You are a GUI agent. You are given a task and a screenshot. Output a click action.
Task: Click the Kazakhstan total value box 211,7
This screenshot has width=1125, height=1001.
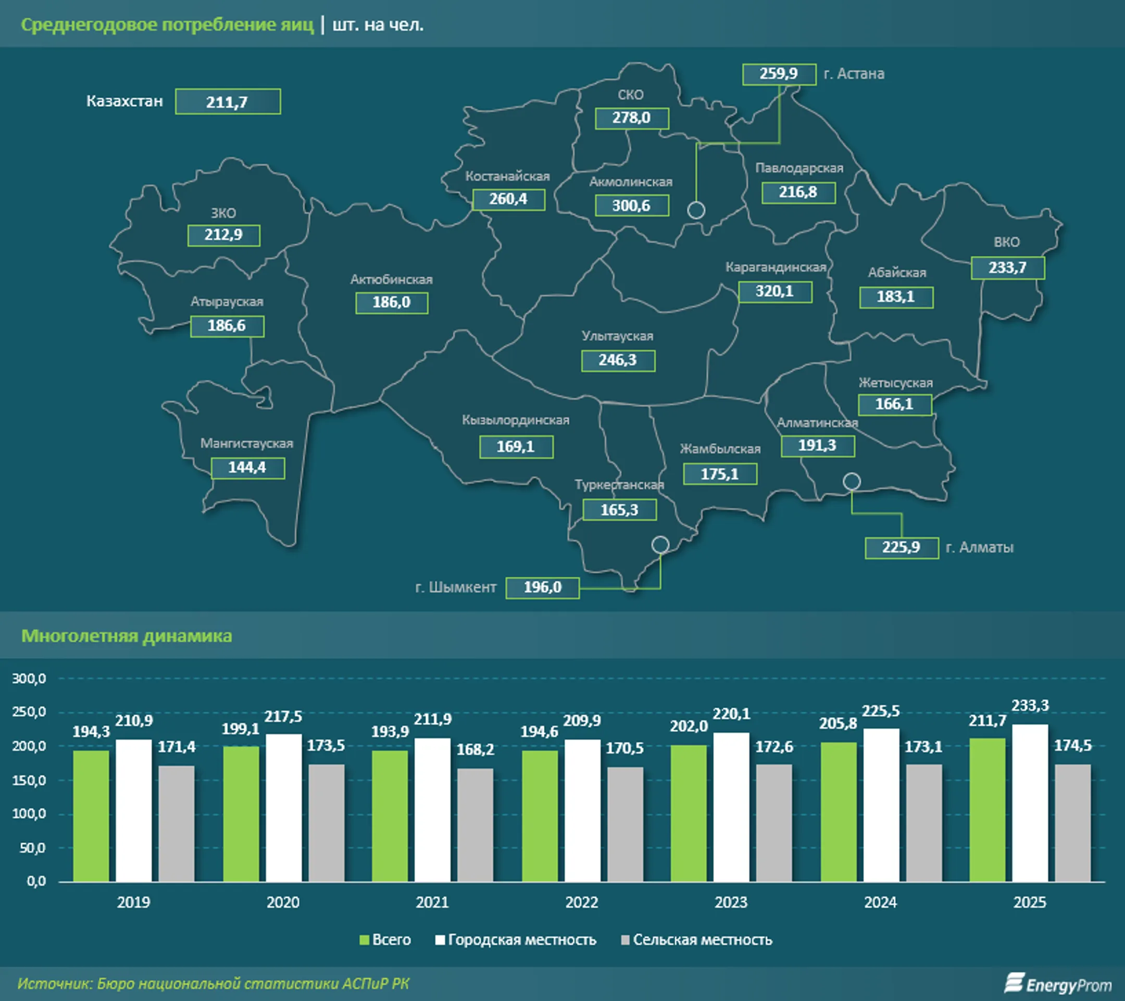pos(228,102)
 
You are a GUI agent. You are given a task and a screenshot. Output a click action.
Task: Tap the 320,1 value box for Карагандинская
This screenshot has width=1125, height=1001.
pos(775,292)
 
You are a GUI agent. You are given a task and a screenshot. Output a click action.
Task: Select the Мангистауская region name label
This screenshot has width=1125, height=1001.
pos(246,444)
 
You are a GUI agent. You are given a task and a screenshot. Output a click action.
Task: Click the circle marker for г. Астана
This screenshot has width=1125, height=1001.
pos(696,210)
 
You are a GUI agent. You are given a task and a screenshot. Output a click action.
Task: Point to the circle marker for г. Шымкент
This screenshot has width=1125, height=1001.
pos(660,545)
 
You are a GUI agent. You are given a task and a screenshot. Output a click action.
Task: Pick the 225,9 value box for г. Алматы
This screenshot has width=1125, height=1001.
pos(902,547)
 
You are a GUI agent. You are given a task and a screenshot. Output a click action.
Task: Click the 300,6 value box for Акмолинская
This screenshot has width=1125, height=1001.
pos(632,206)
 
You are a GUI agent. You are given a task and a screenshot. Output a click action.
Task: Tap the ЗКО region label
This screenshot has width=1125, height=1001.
pos(223,214)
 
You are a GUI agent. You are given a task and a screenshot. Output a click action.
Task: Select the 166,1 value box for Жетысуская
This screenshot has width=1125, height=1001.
pos(894,405)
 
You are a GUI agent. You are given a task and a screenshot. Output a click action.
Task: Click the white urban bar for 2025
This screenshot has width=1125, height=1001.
pos(1030,803)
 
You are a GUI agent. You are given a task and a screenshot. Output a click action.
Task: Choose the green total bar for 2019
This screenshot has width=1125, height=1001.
pos(91,816)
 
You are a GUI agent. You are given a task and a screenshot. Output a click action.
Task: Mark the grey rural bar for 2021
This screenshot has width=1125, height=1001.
pos(476,825)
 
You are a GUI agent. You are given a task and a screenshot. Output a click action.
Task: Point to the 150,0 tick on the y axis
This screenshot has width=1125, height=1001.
pos(29,780)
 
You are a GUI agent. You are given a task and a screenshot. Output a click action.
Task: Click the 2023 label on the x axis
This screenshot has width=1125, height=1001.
pos(731,903)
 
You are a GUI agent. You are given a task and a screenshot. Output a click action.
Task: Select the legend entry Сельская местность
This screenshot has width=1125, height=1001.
pos(697,940)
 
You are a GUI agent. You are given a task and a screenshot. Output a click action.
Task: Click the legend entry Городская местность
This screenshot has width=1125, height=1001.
pos(516,940)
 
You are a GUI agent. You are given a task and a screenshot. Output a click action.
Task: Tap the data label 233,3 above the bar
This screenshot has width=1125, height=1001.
pos(1030,706)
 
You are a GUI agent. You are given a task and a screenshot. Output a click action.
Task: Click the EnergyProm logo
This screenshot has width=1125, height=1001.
pos(1058,984)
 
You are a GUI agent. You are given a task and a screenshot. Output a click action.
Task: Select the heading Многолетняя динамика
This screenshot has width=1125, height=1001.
pos(127,636)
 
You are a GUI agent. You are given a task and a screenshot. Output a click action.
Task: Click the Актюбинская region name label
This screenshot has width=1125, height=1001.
pos(391,280)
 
